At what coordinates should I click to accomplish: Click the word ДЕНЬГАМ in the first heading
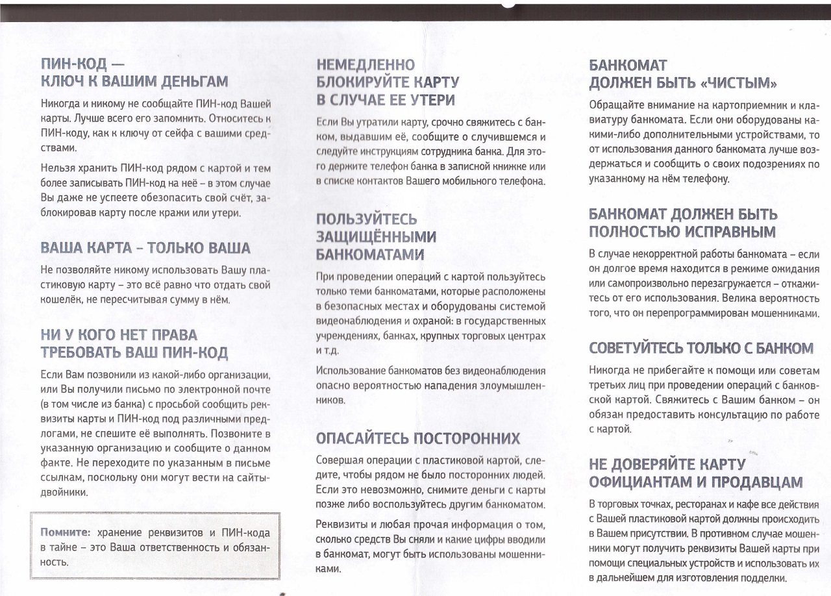click(x=194, y=82)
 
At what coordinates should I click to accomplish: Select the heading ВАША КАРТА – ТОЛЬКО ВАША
click(x=145, y=248)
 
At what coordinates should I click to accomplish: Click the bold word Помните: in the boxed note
click(x=65, y=532)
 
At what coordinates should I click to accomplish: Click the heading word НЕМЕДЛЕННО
click(x=366, y=65)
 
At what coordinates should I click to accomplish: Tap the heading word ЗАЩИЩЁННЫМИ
click(x=376, y=236)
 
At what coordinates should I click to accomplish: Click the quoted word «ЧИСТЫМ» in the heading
click(x=739, y=83)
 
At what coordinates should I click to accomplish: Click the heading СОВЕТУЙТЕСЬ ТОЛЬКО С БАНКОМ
click(x=701, y=348)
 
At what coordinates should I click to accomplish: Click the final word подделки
click(x=763, y=577)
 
